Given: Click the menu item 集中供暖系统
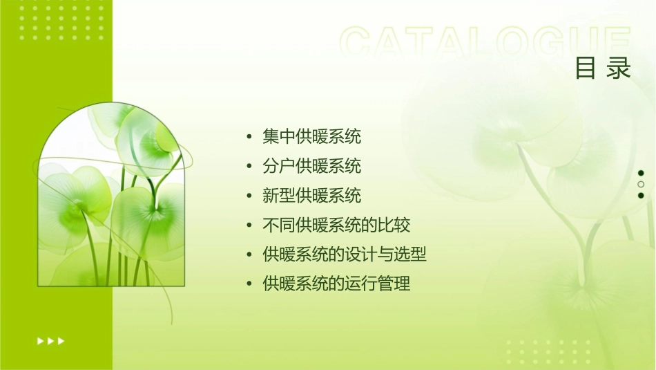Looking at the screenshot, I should (x=311, y=137).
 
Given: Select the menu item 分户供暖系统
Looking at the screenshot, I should (x=311, y=167).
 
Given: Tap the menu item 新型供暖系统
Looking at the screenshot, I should (x=311, y=196).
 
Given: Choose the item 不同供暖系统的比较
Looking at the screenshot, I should (x=336, y=225).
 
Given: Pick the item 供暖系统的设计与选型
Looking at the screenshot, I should (x=345, y=255).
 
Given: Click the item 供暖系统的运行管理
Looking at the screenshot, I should (x=336, y=284).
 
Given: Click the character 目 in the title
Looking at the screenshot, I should (x=586, y=68).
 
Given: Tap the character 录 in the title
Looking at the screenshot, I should (x=619, y=68).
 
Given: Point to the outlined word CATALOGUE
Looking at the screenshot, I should (x=485, y=42).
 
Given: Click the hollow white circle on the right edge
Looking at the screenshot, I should (x=641, y=184).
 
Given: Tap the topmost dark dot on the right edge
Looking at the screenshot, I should (x=641, y=173).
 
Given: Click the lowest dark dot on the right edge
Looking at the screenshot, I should (x=641, y=195).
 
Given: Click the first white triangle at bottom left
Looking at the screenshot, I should (x=40, y=340).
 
